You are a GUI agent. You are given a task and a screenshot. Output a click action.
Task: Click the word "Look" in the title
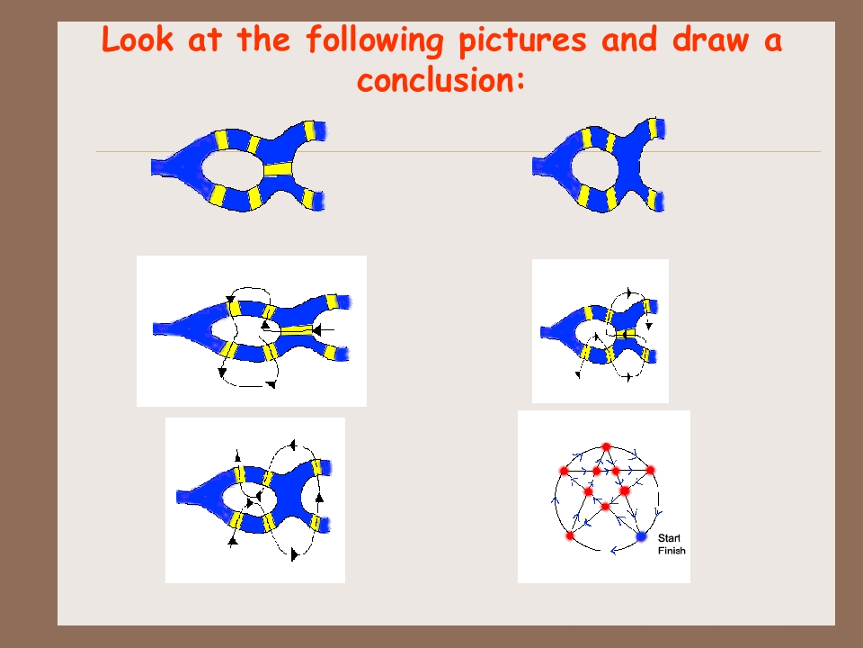(137, 40)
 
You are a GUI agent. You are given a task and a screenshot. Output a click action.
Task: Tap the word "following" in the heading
(374, 40)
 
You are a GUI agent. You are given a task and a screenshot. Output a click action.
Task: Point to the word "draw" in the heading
(710, 40)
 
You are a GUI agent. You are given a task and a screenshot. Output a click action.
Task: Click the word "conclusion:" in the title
(440, 80)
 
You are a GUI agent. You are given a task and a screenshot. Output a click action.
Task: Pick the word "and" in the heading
(629, 40)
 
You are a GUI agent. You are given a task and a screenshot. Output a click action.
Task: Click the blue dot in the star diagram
(641, 536)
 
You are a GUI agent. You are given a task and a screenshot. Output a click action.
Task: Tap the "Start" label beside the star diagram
(669, 538)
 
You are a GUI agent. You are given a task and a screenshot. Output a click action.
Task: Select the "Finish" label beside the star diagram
(672, 551)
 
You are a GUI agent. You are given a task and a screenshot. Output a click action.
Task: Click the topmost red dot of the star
(606, 447)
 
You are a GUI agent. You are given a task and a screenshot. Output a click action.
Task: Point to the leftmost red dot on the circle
(564, 471)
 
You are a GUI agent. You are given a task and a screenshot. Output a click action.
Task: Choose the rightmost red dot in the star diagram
(651, 470)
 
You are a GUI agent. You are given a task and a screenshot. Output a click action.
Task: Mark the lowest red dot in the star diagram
(570, 535)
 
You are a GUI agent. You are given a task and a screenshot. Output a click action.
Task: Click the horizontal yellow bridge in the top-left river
(278, 168)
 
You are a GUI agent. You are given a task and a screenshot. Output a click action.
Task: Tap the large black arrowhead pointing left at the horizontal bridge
(316, 330)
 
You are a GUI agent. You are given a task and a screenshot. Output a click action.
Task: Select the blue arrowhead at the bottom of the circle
(614, 550)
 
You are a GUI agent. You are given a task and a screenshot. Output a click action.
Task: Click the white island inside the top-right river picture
(595, 166)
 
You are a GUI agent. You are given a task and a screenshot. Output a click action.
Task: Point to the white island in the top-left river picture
(232, 168)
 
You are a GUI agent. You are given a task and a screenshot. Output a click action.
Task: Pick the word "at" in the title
(205, 40)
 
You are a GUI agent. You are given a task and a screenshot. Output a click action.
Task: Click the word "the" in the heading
(263, 40)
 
